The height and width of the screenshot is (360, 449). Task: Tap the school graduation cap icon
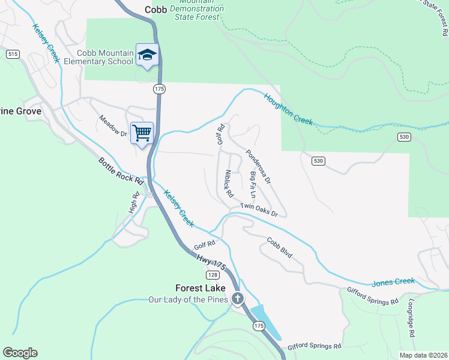[x=146, y=55]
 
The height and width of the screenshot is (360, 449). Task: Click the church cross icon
[x=238, y=298]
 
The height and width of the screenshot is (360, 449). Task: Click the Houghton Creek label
[x=288, y=109]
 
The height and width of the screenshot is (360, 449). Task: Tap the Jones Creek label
[x=393, y=281]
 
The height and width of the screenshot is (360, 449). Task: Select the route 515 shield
[x=12, y=54]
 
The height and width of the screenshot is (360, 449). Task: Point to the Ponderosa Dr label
[x=259, y=166]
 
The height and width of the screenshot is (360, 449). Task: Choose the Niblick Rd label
[x=229, y=184]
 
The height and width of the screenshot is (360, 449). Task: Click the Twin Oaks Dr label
[x=259, y=210]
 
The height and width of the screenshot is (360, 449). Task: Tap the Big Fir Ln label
[x=253, y=186]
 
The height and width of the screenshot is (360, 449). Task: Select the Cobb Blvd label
[x=280, y=247]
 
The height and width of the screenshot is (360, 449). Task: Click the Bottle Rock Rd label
[x=121, y=171]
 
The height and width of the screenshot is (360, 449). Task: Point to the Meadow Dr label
[x=113, y=126]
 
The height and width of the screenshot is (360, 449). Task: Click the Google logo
[x=20, y=353]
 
